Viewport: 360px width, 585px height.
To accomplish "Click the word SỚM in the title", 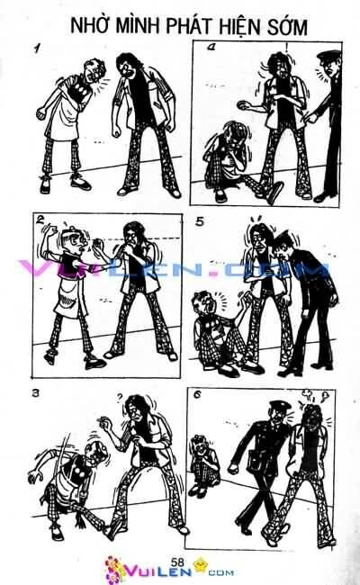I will tap(287, 28).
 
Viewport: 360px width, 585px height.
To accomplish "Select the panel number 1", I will tap(37, 51).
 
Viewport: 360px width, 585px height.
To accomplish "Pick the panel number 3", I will tap(34, 393).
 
